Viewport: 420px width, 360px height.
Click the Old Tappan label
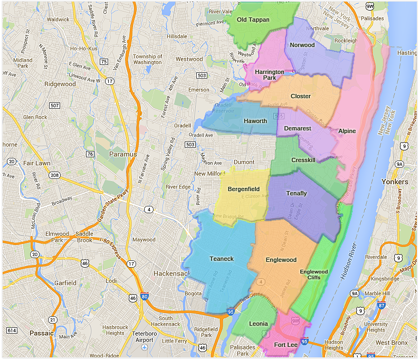tap(253, 20)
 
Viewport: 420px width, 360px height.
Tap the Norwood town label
tap(302, 45)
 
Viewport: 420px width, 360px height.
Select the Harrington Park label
tap(270, 74)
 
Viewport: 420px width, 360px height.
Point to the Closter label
tap(301, 96)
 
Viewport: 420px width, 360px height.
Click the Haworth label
tap(255, 121)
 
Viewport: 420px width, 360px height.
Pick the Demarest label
tap(298, 128)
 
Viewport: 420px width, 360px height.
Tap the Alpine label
tap(347, 131)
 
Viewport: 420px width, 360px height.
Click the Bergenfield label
tap(244, 188)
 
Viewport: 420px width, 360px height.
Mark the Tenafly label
tap(297, 193)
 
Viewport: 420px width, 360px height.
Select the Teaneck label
tap(221, 259)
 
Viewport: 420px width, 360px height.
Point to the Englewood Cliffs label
tap(314, 274)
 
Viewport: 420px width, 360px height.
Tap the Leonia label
tap(259, 324)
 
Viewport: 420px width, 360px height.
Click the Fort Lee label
tap(285, 345)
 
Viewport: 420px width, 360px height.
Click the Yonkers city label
tap(395, 182)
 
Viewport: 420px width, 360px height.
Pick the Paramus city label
tap(122, 155)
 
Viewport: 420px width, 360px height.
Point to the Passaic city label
tap(42, 333)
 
